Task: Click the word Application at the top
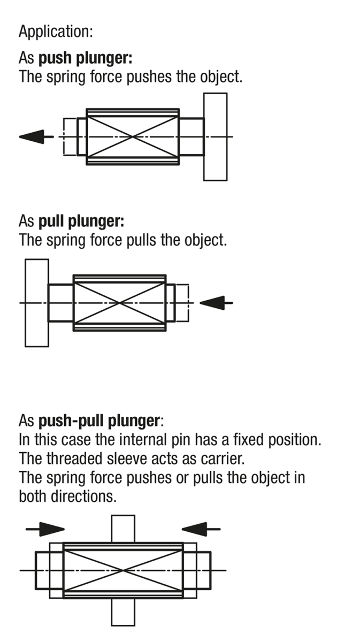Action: (x=54, y=32)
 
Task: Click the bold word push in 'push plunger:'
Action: (x=55, y=58)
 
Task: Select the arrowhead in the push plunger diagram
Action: (x=32, y=137)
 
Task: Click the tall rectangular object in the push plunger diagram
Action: (x=215, y=137)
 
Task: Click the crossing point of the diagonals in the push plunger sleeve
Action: (x=133, y=137)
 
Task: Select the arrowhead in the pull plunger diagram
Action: (x=212, y=303)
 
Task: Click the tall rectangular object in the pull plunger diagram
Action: (x=37, y=303)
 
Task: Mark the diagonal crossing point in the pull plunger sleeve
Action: (x=119, y=303)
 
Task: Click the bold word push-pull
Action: (x=71, y=421)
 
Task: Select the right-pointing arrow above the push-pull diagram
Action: (x=45, y=529)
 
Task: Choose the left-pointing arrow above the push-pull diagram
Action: (x=201, y=529)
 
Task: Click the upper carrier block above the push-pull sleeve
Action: (x=123, y=529)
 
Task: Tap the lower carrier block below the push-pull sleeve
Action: (x=123, y=612)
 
